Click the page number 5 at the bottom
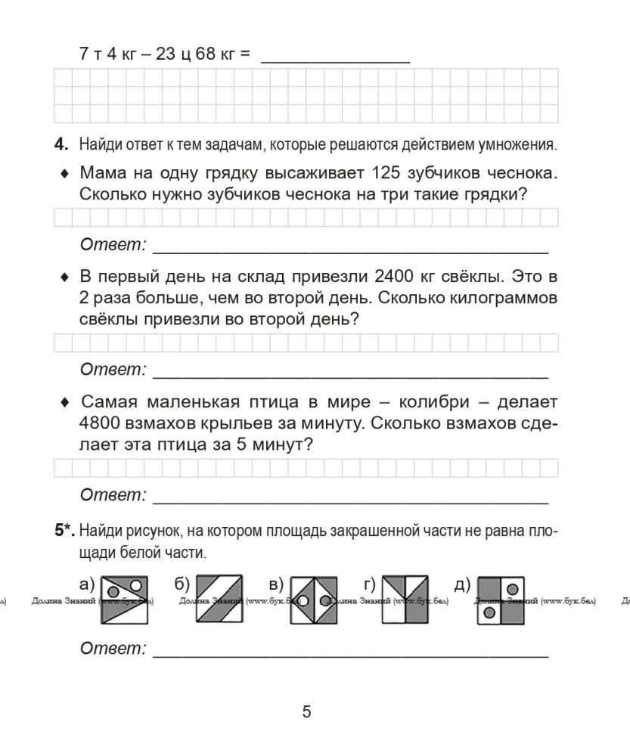click(x=306, y=711)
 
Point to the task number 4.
click(x=61, y=144)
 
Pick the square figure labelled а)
click(x=124, y=600)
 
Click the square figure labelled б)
click(x=219, y=600)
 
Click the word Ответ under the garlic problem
click(x=112, y=245)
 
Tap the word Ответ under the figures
click(x=112, y=649)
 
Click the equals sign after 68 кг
click(x=244, y=54)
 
